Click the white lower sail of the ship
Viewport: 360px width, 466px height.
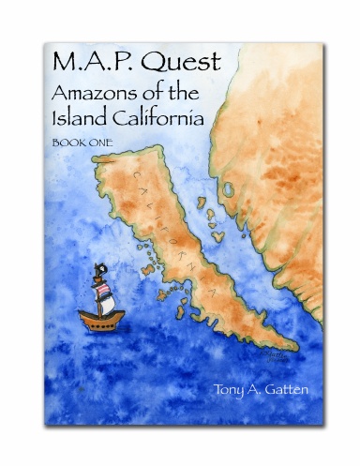coord(107,303)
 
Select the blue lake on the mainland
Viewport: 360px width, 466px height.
coord(228,189)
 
